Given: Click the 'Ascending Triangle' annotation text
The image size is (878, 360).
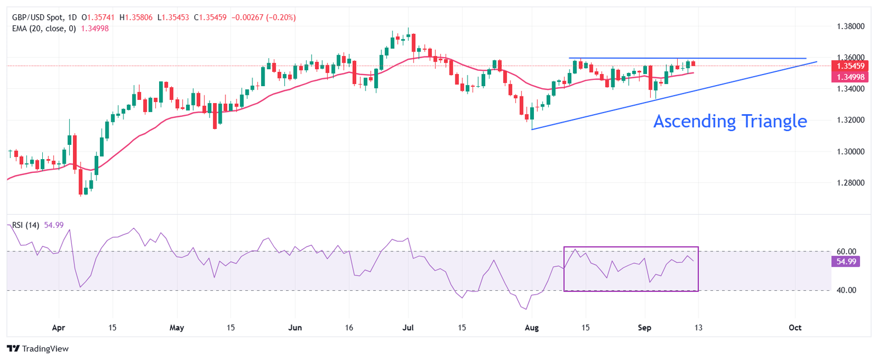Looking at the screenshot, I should [x=730, y=121].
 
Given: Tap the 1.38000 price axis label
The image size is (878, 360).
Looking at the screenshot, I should [x=851, y=26].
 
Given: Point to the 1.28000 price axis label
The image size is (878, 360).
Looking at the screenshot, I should [x=851, y=183].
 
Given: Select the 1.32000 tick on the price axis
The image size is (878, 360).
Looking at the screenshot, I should [x=851, y=120].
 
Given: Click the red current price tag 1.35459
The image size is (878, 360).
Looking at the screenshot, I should [x=850, y=66].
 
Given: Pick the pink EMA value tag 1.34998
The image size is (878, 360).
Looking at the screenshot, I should [x=850, y=77].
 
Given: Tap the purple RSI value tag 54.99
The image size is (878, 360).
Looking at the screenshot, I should [x=846, y=262].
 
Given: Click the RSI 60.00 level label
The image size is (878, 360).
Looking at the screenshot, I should [x=846, y=252].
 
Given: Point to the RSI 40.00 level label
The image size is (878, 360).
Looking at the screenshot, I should [x=846, y=290].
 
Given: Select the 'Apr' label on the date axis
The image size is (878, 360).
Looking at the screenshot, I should [x=58, y=328].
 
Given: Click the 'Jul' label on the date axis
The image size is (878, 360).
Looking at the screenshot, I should [x=408, y=328].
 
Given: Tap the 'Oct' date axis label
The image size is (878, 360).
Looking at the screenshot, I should [x=795, y=328].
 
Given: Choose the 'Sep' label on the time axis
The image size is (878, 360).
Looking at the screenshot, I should [x=644, y=328].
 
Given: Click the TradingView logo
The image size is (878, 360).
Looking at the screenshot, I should [x=38, y=348].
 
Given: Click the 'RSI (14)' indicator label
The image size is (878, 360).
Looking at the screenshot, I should [x=26, y=225].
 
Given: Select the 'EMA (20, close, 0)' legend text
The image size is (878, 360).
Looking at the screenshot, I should [x=44, y=29].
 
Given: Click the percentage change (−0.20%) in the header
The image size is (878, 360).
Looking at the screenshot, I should [x=281, y=18].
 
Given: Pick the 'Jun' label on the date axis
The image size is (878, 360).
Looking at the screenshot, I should [x=295, y=328].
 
